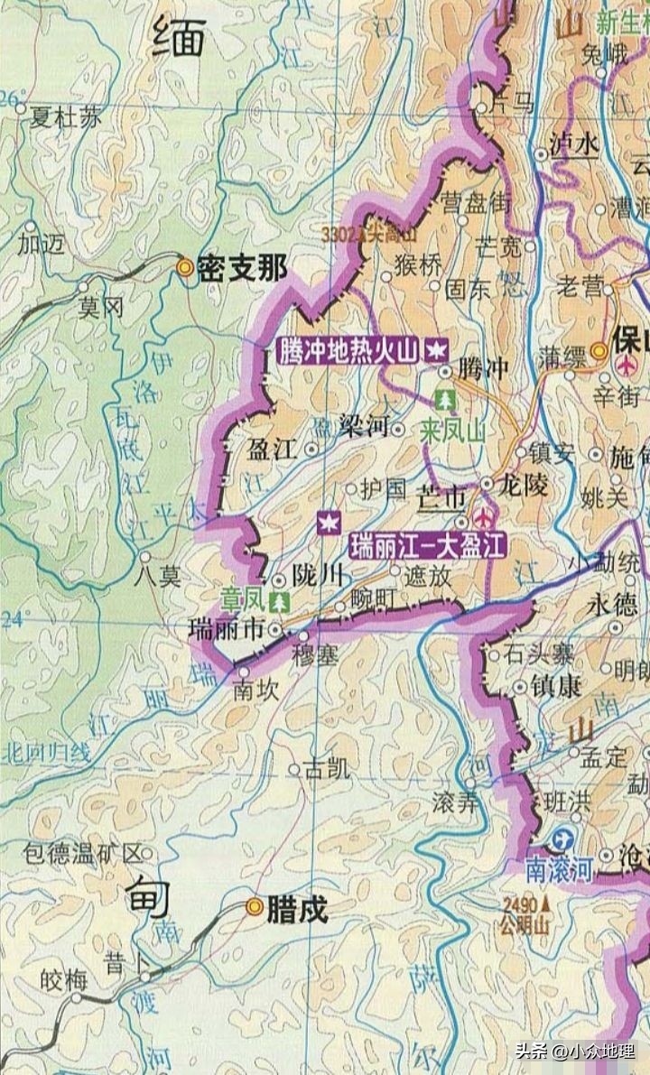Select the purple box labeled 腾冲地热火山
click(x=349, y=349)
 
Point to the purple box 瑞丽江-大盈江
click(x=428, y=545)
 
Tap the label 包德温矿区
click(x=83, y=853)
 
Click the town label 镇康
click(x=556, y=687)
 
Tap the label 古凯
click(x=326, y=769)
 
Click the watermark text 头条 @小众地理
click(x=573, y=1051)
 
